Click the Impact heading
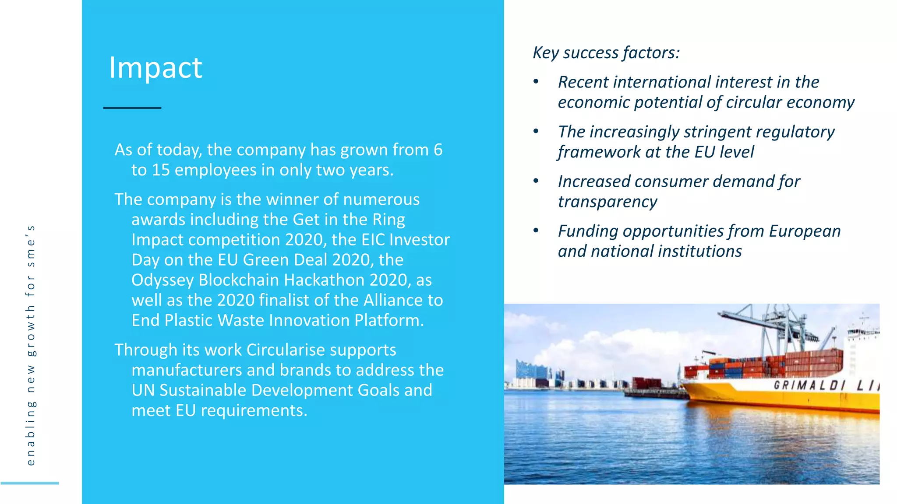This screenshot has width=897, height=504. [x=155, y=68]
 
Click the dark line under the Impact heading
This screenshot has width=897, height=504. [x=132, y=108]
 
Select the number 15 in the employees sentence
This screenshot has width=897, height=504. [x=161, y=170]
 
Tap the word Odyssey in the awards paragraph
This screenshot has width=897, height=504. [x=162, y=280]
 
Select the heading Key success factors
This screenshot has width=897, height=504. [x=606, y=53]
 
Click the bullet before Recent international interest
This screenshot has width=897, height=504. [x=536, y=81]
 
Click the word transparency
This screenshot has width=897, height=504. [x=607, y=202]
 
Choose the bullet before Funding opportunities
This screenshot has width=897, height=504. [x=536, y=231]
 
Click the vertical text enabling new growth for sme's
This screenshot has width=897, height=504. [x=30, y=346]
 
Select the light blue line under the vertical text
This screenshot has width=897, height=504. [x=29, y=483]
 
